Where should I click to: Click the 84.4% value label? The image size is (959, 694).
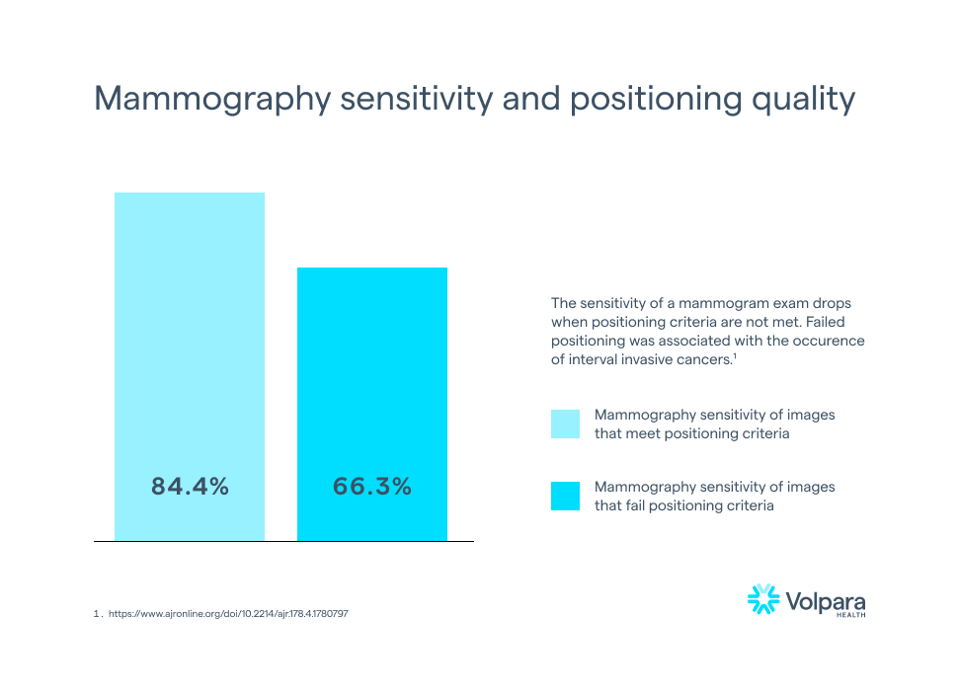pyautogui.click(x=190, y=487)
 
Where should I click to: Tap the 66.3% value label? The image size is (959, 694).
pyautogui.click(x=372, y=487)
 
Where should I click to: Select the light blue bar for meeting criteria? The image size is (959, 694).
pyautogui.click(x=190, y=367)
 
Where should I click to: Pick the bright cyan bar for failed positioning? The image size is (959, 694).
pyautogui.click(x=372, y=404)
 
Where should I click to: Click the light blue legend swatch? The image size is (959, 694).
pyautogui.click(x=565, y=424)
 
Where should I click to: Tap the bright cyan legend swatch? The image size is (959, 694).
pyautogui.click(x=565, y=496)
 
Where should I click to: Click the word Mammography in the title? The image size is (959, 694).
pyautogui.click(x=212, y=99)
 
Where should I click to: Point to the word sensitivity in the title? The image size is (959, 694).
pyautogui.click(x=417, y=99)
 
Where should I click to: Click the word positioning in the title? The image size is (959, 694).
pyautogui.click(x=656, y=100)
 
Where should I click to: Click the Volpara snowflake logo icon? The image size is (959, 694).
pyautogui.click(x=763, y=598)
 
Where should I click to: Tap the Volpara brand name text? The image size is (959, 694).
pyautogui.click(x=826, y=601)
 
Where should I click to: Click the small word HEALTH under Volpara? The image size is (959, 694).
pyautogui.click(x=850, y=614)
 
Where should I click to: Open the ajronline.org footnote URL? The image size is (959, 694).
pyautogui.click(x=228, y=613)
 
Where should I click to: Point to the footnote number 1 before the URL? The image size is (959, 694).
pyautogui.click(x=97, y=613)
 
